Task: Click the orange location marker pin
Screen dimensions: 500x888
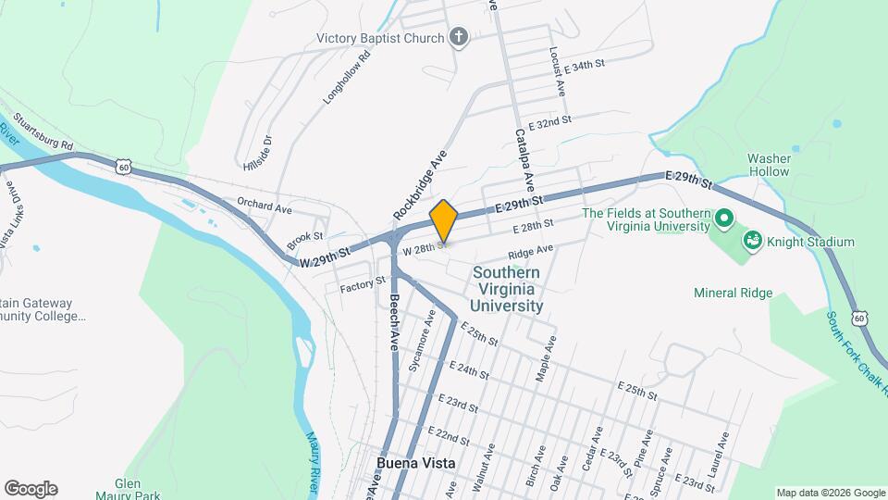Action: pyautogui.click(x=444, y=221)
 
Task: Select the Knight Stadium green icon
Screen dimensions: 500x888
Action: pyautogui.click(x=754, y=242)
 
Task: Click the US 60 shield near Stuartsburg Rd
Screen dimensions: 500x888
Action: pyautogui.click(x=125, y=167)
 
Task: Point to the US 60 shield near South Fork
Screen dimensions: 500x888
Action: pyautogui.click(x=860, y=319)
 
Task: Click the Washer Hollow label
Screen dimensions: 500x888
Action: pyautogui.click(x=769, y=165)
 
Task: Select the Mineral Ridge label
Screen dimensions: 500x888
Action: pyautogui.click(x=733, y=294)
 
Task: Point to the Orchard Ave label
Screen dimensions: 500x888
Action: pyautogui.click(x=264, y=206)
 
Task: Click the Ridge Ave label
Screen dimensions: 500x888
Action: pyautogui.click(x=530, y=252)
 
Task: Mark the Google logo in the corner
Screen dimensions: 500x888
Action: pyautogui.click(x=31, y=489)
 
